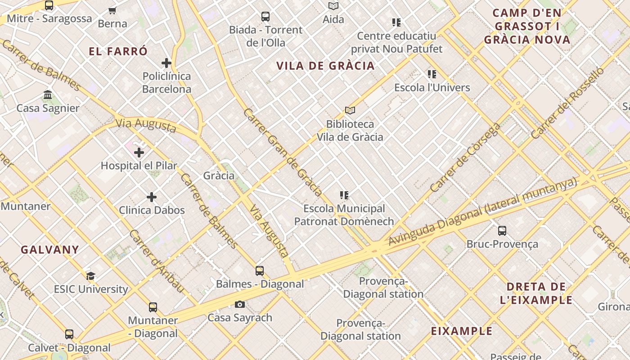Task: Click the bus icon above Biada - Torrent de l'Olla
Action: pyautogui.click(x=265, y=17)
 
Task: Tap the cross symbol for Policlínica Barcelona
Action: pyautogui.click(x=166, y=63)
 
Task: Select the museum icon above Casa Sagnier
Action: pyautogui.click(x=48, y=95)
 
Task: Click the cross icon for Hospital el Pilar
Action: pyautogui.click(x=139, y=153)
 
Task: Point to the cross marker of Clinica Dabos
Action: pyautogui.click(x=152, y=197)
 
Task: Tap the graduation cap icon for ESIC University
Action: pyautogui.click(x=91, y=276)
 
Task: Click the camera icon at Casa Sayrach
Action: pyautogui.click(x=240, y=305)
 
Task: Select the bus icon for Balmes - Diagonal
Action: pyautogui.click(x=260, y=270)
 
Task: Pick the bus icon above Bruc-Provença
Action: pyautogui.click(x=502, y=231)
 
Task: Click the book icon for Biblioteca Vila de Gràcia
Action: pyautogui.click(x=350, y=110)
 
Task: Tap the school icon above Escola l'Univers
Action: pyautogui.click(x=432, y=74)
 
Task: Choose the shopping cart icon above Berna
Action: pyautogui.click(x=112, y=10)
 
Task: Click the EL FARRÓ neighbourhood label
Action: pyautogui.click(x=118, y=51)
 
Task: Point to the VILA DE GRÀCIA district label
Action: pyautogui.click(x=325, y=66)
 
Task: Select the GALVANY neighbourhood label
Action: pyautogui.click(x=50, y=250)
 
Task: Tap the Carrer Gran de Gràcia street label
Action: pyautogui.click(x=283, y=152)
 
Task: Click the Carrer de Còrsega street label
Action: pyautogui.click(x=465, y=157)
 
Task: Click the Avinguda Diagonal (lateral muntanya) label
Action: pyautogui.click(x=482, y=211)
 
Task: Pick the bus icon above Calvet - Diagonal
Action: pyautogui.click(x=69, y=334)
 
